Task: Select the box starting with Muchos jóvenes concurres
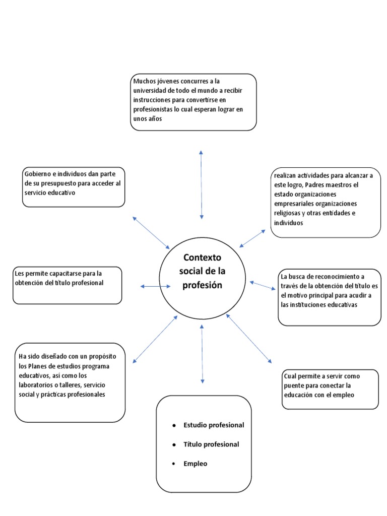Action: (x=193, y=102)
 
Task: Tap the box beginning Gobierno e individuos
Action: (x=74, y=186)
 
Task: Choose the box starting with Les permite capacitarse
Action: (x=67, y=285)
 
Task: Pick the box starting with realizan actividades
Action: (x=326, y=202)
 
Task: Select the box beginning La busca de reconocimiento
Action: (x=330, y=297)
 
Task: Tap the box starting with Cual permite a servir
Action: (x=330, y=389)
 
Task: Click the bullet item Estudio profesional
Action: (x=214, y=425)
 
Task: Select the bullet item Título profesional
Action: (x=211, y=444)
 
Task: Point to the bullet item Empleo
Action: (x=195, y=464)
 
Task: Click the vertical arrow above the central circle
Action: (x=201, y=184)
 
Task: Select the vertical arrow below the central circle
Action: (x=202, y=354)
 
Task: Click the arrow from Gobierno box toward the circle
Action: (x=151, y=233)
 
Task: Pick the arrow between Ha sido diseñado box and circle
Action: (x=155, y=339)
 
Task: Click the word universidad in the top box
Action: (x=150, y=90)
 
